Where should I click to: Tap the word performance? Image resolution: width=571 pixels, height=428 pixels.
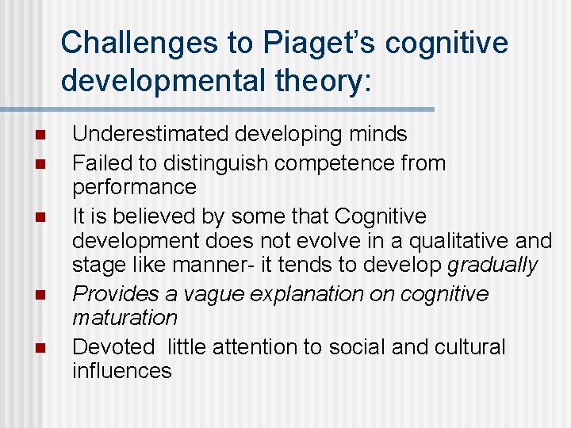(x=134, y=187)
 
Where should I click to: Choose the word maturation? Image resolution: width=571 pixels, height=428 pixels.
(x=125, y=318)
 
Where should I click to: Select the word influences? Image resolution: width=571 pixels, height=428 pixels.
(x=121, y=370)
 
